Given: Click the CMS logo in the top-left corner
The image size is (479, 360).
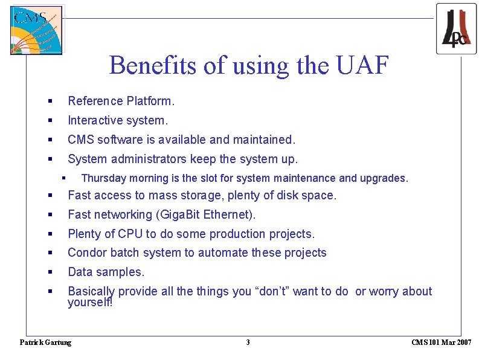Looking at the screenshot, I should (x=36, y=30).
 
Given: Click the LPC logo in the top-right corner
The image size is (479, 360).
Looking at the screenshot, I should (x=456, y=28).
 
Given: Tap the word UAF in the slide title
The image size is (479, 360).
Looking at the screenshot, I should (x=362, y=65).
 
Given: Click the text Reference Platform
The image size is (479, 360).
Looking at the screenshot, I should (x=121, y=101).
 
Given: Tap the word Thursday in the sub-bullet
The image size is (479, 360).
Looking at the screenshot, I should (x=103, y=178).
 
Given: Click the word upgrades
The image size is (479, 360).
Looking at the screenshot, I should (x=384, y=178).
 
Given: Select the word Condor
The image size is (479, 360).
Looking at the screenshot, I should (x=87, y=252).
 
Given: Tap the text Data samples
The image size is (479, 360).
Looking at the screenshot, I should (x=106, y=272).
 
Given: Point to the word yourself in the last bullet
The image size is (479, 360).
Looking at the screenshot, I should (x=89, y=302).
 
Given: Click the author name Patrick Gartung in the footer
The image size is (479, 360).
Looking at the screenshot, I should (x=45, y=342).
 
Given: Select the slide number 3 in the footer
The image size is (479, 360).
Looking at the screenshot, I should (x=248, y=342).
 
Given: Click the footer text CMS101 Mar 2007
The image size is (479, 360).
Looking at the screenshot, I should (x=441, y=342).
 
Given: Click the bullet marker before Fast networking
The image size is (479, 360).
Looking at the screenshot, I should (x=52, y=214).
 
